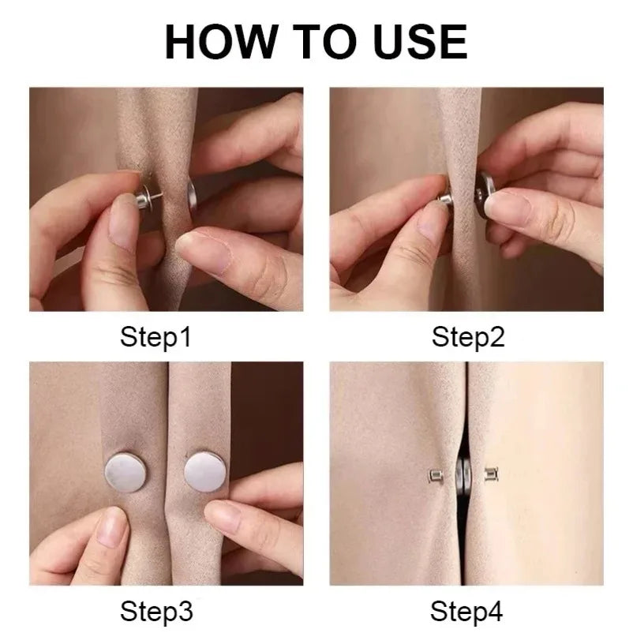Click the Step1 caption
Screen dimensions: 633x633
click(x=155, y=338)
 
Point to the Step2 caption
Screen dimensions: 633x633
click(x=468, y=338)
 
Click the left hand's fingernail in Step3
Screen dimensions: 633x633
click(x=110, y=527)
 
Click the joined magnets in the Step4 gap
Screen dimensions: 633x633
click(x=464, y=476)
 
